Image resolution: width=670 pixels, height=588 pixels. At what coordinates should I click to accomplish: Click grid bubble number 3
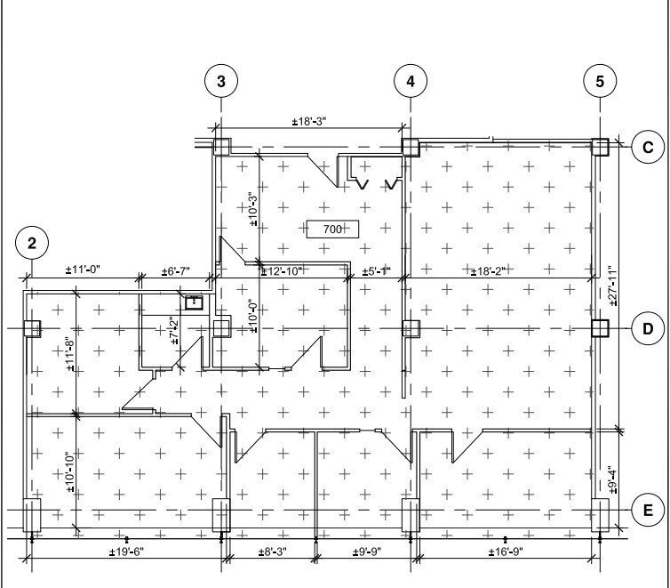(221, 81)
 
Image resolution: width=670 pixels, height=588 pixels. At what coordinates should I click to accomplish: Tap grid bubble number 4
(410, 81)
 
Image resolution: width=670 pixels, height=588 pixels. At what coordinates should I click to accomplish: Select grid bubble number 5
(601, 81)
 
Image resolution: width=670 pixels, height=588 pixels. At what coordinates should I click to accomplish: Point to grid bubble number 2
(32, 242)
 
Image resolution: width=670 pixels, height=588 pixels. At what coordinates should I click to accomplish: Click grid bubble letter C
(648, 148)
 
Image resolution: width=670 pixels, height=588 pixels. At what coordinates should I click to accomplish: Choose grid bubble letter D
(648, 328)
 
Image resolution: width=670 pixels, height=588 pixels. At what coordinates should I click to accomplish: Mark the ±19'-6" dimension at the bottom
(126, 552)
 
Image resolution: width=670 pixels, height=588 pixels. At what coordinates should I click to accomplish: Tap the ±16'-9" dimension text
(506, 552)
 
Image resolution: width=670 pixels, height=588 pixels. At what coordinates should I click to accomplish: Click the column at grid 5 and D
(601, 328)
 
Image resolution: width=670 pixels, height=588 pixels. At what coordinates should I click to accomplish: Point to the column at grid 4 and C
(410, 147)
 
